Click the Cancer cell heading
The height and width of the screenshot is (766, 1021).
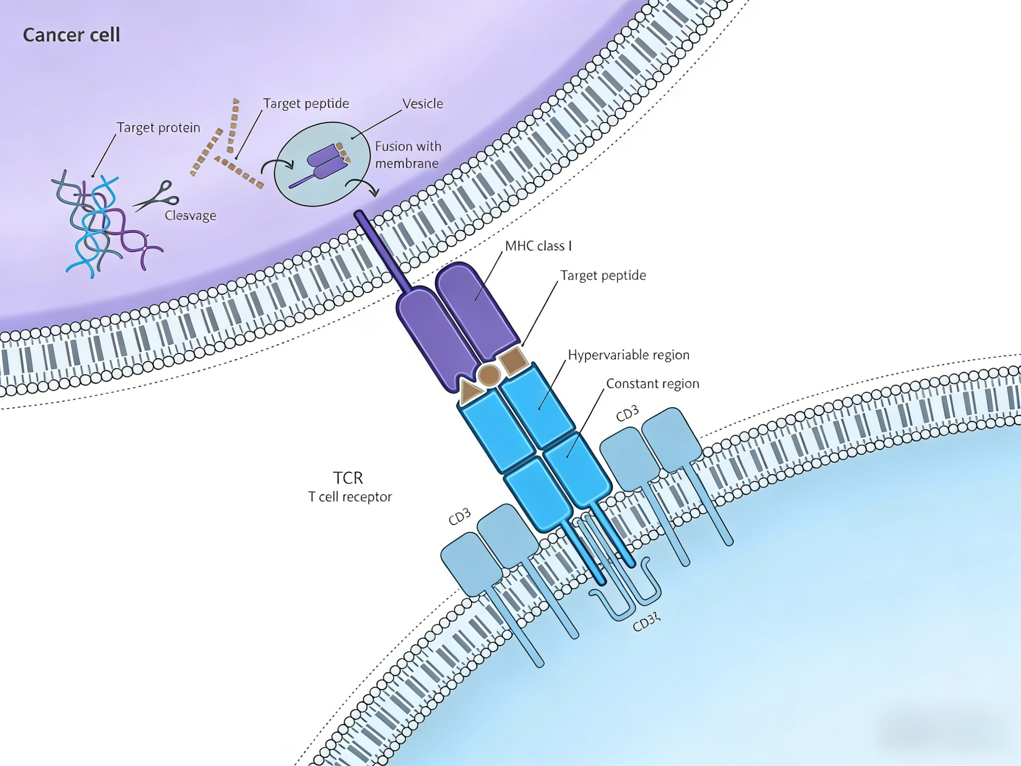(72, 35)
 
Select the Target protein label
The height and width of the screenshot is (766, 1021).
(159, 127)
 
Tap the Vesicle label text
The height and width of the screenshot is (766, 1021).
(422, 103)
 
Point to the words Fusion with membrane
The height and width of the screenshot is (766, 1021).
(408, 155)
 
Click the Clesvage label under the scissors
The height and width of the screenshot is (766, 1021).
(190, 216)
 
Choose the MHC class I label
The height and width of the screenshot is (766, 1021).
(538, 246)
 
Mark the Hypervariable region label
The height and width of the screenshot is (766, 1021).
(628, 355)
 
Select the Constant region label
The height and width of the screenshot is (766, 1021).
(652, 384)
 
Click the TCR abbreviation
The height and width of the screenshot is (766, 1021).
(348, 477)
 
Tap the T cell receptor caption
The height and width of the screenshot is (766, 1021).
(350, 497)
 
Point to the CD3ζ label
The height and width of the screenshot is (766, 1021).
(646, 623)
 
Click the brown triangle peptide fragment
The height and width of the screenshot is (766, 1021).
(471, 391)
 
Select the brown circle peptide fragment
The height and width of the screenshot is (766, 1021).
(489, 375)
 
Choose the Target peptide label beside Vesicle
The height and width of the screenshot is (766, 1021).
(306, 103)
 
